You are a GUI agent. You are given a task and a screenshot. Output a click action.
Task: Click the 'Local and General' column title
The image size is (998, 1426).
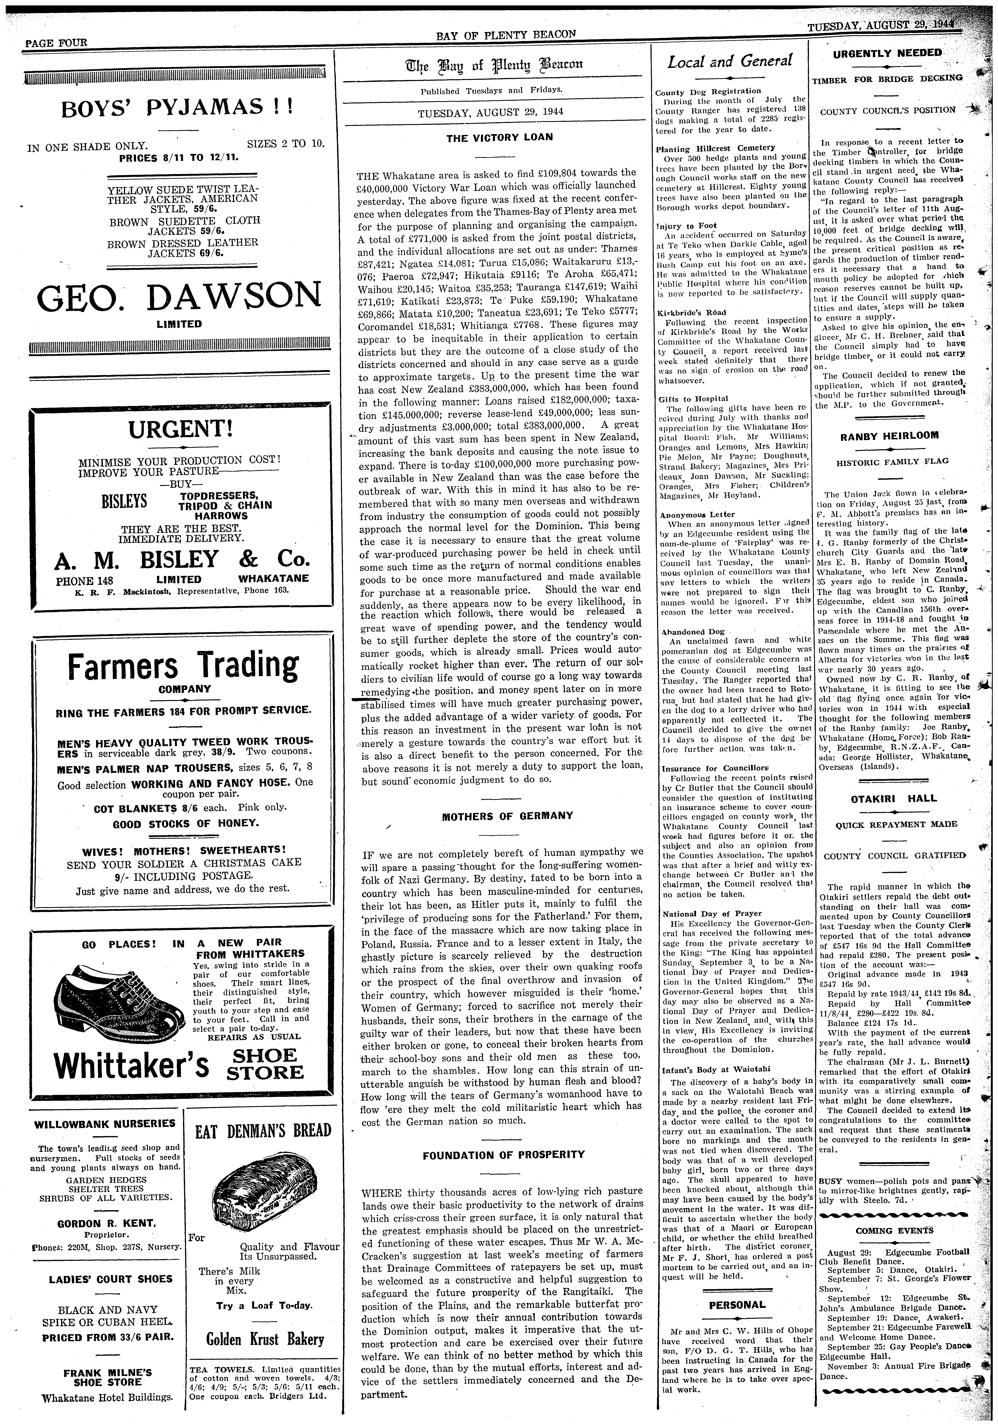tap(730, 61)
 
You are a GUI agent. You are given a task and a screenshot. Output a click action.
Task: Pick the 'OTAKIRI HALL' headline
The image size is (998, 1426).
tap(889, 798)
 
